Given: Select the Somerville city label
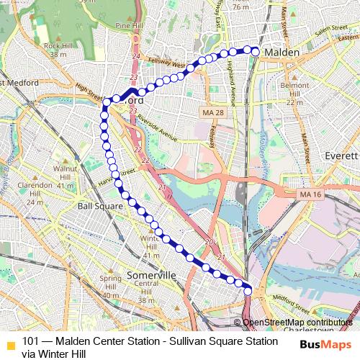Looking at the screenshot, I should pos(151,276).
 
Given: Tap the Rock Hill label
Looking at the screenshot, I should pos(55,45).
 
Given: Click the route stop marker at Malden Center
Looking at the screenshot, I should pos(255,51).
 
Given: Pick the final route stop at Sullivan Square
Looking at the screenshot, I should pos(249,290).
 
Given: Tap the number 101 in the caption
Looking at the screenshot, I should pos(31,341).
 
